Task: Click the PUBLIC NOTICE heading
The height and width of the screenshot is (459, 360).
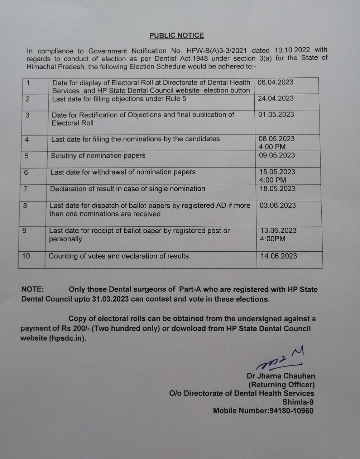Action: [177, 36]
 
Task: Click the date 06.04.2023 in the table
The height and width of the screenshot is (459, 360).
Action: [275, 82]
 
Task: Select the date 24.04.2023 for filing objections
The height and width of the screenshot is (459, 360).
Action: [276, 98]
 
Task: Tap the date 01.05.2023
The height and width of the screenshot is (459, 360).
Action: [276, 114]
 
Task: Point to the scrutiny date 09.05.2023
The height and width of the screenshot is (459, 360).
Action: [277, 155]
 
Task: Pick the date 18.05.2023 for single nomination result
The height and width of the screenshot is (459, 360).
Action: [278, 189]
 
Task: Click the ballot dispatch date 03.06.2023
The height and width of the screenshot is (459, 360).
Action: [278, 205]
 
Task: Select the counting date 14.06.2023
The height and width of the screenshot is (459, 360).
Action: [279, 256]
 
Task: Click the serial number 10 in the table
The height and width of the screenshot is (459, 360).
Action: [26, 256]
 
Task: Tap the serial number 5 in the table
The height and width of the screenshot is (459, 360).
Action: [27, 156]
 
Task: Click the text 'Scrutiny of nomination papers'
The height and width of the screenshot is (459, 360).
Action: [98, 156]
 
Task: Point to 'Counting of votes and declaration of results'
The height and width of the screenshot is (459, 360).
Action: [119, 256]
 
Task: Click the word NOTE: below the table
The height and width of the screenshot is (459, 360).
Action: [33, 289]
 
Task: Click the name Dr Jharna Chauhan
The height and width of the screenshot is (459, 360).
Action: [281, 376]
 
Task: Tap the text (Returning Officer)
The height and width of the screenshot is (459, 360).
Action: [282, 385]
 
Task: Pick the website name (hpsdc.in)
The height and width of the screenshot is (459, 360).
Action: [67, 338]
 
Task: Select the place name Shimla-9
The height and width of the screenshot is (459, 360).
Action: [298, 402]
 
